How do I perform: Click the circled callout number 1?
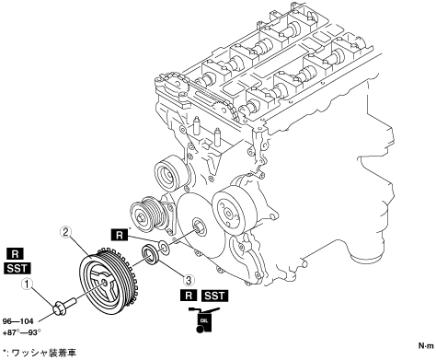click(x=27, y=285)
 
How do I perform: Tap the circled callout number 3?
click(x=189, y=280)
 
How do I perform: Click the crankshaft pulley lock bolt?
click(x=65, y=306)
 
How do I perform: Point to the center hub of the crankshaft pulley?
click(x=104, y=283)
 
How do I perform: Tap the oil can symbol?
click(x=201, y=319)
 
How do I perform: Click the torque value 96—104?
click(x=17, y=321)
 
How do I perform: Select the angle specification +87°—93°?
click(x=21, y=332)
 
